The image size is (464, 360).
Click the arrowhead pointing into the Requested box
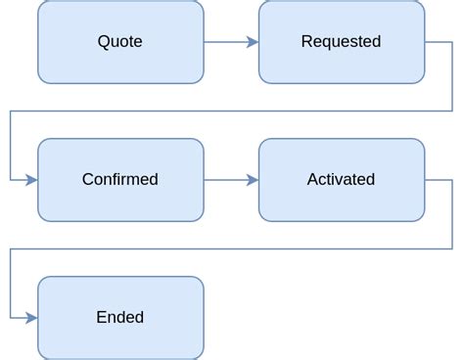[x=253, y=42]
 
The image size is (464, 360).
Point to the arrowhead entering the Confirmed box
[x=31, y=180]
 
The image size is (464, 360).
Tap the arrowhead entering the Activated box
[x=253, y=180]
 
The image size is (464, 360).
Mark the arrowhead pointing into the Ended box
[x=31, y=318]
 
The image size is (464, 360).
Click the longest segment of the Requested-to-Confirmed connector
[x=231, y=111]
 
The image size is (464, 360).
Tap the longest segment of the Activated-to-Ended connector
[x=231, y=248]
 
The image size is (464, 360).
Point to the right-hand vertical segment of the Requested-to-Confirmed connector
[x=452, y=76]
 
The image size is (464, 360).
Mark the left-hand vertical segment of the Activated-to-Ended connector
[x=11, y=284]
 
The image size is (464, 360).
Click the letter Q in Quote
[x=104, y=41]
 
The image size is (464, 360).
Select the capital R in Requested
[x=306, y=41]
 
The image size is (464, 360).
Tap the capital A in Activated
[x=312, y=179]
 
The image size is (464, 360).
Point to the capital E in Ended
[x=101, y=317]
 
